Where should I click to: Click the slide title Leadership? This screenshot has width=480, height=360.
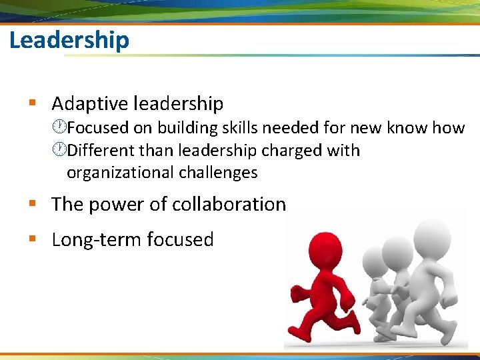[x=69, y=41]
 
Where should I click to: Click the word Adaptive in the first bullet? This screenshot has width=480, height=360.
[x=90, y=104]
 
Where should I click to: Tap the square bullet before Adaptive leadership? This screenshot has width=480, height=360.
[x=31, y=103]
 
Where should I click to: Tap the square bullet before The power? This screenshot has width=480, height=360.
[x=31, y=204]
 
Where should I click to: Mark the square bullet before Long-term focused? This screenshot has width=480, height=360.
[x=31, y=239]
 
